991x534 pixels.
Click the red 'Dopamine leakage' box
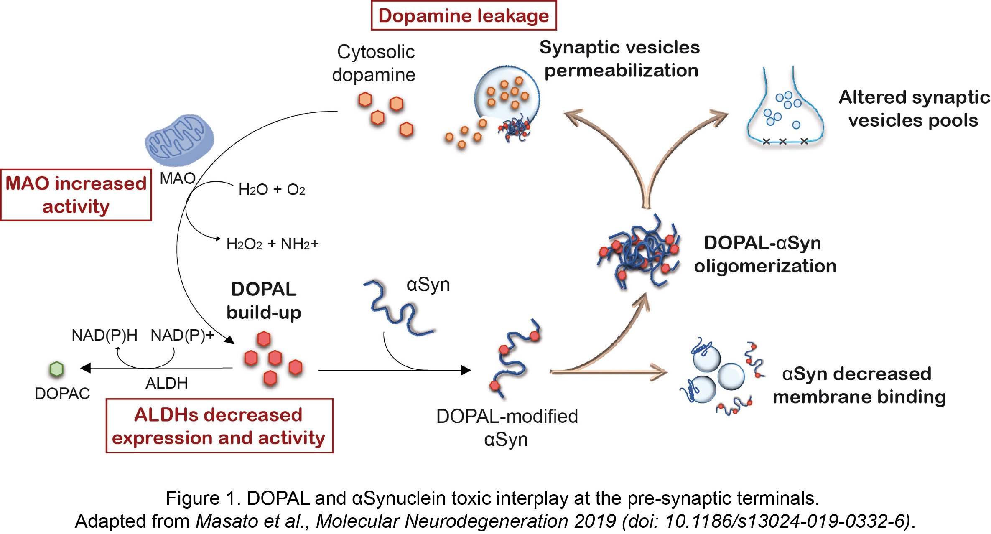[464, 16]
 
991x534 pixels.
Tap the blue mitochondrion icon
[179, 140]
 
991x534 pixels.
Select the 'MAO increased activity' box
[76, 195]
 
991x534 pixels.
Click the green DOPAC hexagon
[56, 369]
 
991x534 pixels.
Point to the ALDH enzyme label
[166, 383]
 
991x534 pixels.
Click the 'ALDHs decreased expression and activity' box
[219, 426]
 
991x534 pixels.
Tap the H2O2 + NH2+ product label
[272, 244]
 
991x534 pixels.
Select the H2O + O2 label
[272, 190]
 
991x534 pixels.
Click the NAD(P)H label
[104, 335]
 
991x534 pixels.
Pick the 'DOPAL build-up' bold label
[264, 301]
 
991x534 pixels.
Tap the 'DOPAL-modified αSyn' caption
[507, 428]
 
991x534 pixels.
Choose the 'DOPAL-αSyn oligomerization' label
[765, 254]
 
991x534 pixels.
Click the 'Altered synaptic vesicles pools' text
[914, 109]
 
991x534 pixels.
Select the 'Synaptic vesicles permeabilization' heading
[620, 59]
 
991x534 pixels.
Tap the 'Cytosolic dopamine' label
[374, 64]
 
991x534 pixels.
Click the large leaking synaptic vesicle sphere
[507, 96]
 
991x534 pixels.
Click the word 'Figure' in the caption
[192, 498]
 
